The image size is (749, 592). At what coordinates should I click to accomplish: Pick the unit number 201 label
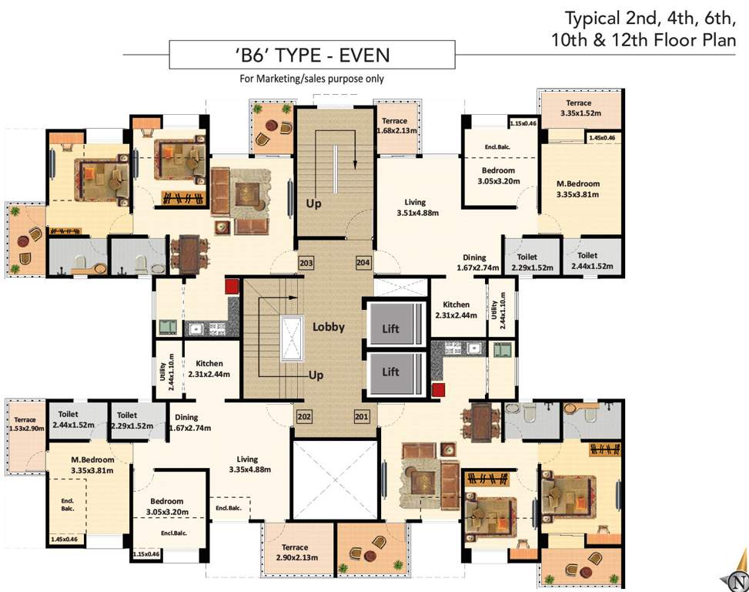click(361, 417)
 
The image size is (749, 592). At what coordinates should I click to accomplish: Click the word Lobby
click(328, 327)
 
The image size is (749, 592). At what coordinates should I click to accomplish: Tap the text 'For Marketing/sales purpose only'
click(312, 79)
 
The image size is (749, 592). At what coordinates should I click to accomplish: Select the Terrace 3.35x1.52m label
click(579, 108)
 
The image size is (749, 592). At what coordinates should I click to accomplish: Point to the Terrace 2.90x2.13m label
click(294, 553)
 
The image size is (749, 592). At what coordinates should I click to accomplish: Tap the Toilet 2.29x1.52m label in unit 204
click(528, 261)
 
